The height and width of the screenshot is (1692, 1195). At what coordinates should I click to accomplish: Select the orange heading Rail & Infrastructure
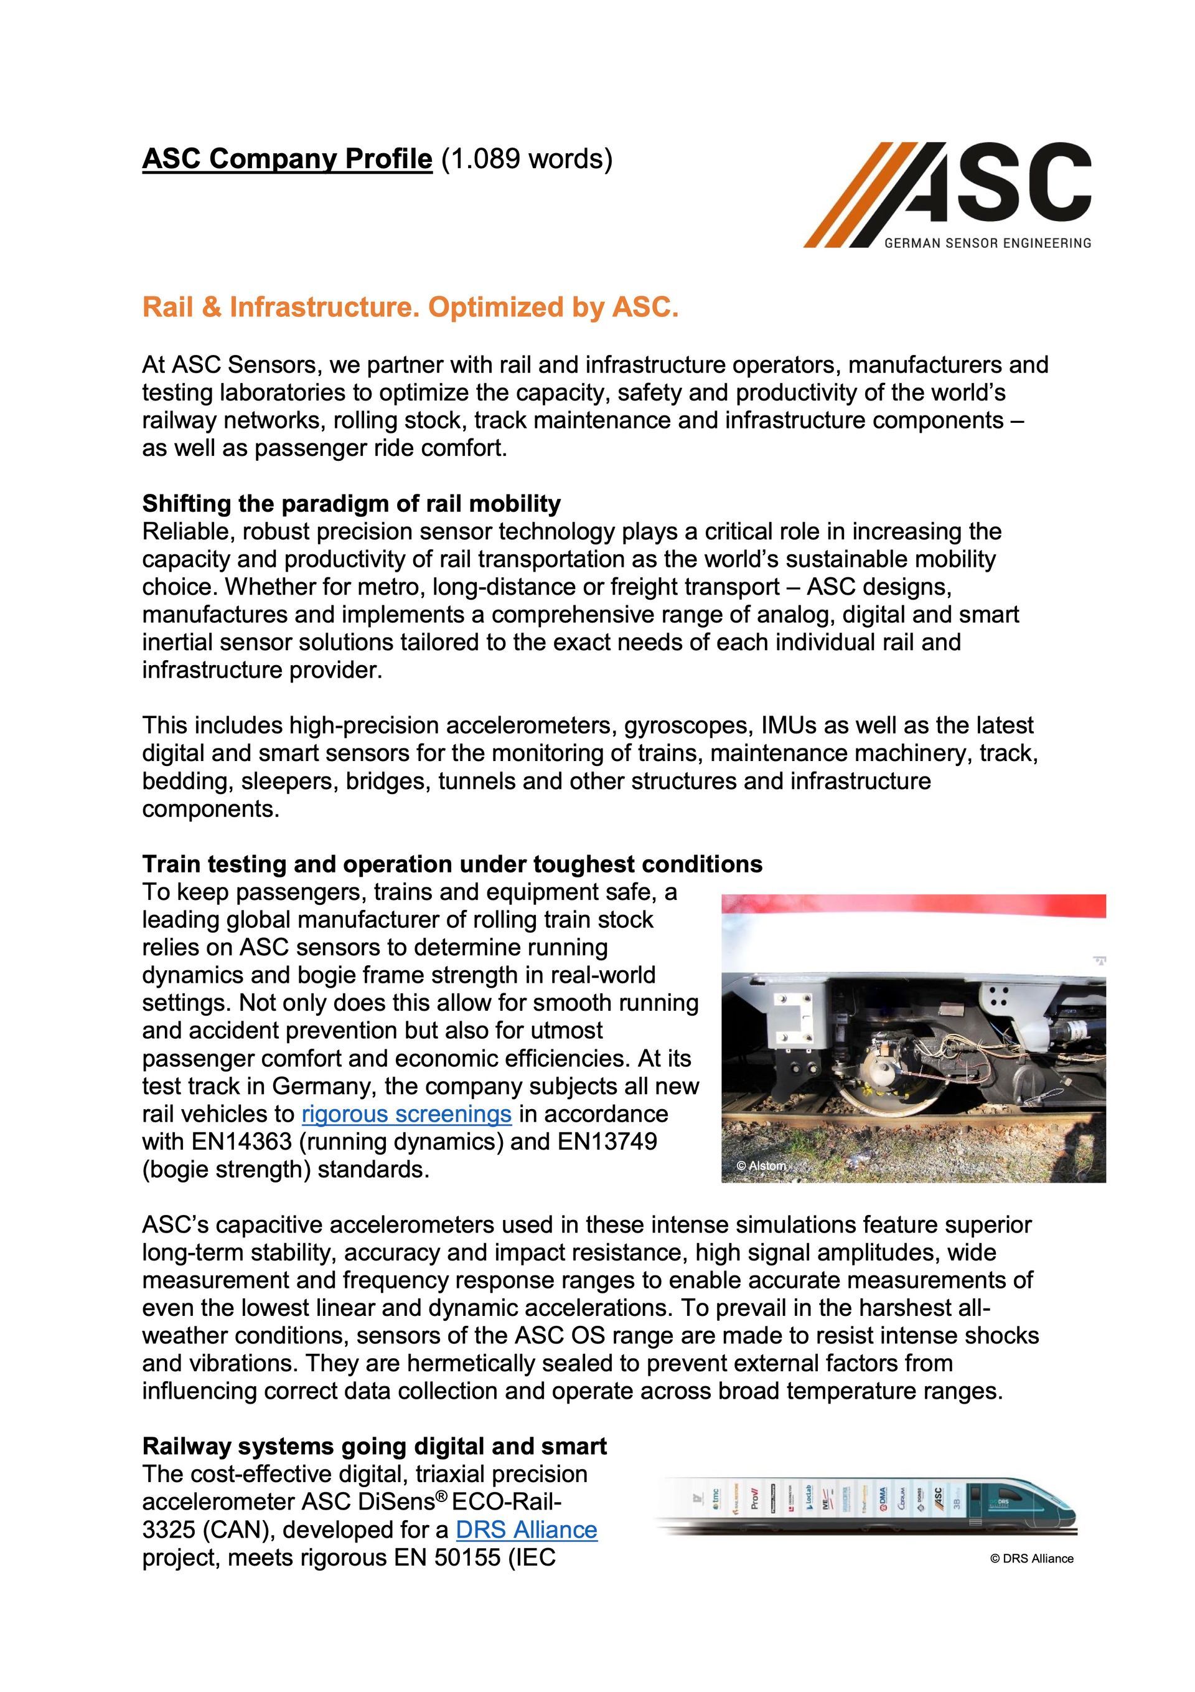coord(410,306)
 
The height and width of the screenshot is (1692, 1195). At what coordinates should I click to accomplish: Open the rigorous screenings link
coord(406,1113)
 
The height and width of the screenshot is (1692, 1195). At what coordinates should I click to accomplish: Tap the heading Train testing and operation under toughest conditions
coord(452,864)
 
